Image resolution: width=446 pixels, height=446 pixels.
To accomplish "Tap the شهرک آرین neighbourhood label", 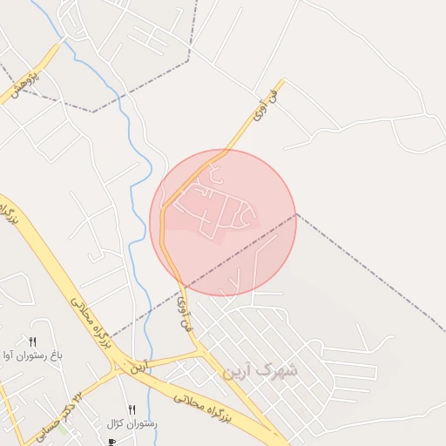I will tap(260, 371).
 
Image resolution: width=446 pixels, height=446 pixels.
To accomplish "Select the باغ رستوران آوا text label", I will tap(33, 355).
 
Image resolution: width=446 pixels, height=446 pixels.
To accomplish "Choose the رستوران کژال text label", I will tap(132, 423).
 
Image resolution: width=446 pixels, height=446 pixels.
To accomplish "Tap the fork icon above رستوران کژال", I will tap(132, 409).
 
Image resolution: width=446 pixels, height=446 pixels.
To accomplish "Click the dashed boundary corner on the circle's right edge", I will tap(296, 213).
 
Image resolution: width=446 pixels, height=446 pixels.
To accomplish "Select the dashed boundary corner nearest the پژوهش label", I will tap(92, 111).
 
